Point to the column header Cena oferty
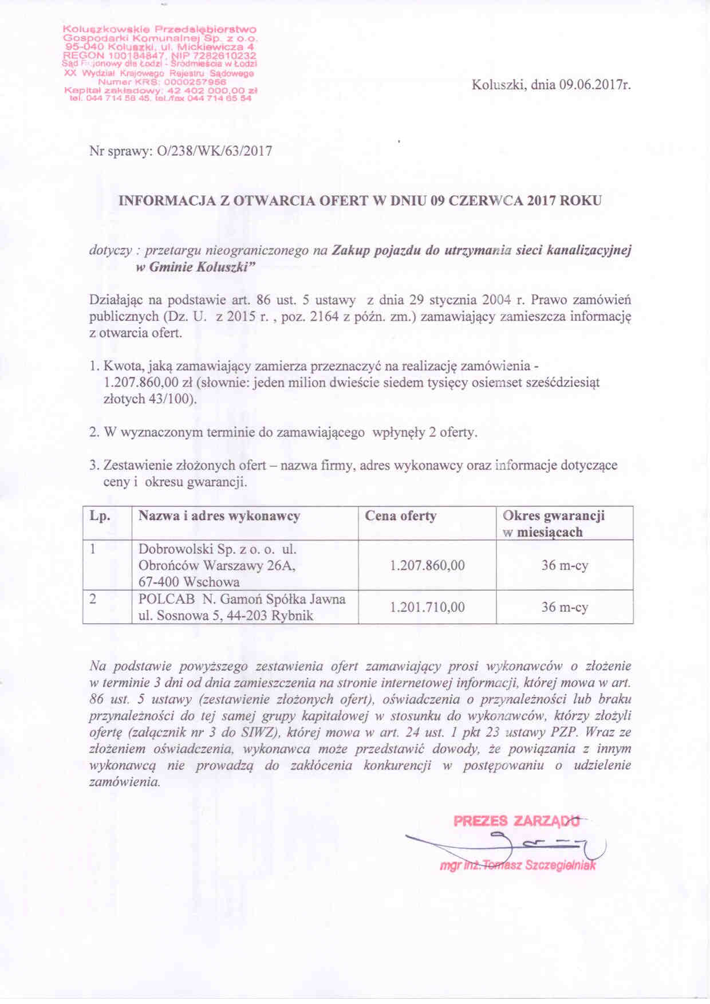(x=401, y=516)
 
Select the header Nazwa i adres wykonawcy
(x=219, y=516)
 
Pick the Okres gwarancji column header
(x=553, y=516)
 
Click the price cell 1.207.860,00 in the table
(x=427, y=566)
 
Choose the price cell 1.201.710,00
(x=427, y=607)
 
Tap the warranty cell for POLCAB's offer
(x=565, y=607)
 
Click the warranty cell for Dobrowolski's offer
(x=565, y=566)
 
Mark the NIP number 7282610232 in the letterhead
(x=226, y=57)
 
